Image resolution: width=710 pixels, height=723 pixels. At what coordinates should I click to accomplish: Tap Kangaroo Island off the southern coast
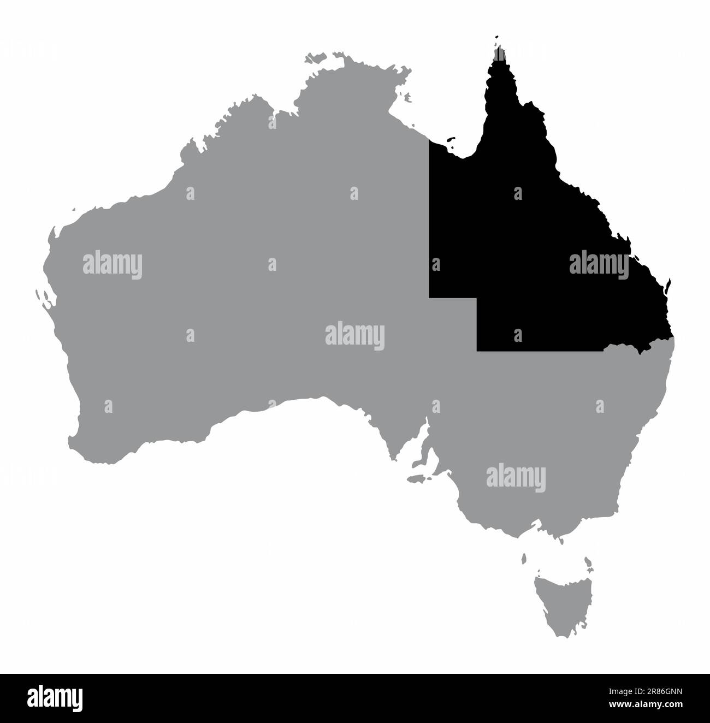[417, 479]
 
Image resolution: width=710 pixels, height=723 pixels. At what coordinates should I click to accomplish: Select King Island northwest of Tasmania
[523, 558]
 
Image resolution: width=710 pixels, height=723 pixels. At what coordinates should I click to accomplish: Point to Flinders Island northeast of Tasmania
[588, 562]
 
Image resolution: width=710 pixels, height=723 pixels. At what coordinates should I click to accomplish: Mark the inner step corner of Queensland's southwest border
[477, 298]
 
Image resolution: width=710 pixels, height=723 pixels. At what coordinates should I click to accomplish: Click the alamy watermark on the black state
[599, 265]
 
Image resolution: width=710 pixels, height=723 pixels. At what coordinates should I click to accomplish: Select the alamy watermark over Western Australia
[113, 265]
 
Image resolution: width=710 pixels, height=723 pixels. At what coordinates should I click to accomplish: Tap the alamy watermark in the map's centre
[355, 335]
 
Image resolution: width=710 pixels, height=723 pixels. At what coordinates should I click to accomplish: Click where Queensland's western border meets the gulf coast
[429, 141]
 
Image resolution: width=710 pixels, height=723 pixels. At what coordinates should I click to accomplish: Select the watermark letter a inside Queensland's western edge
[436, 264]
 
